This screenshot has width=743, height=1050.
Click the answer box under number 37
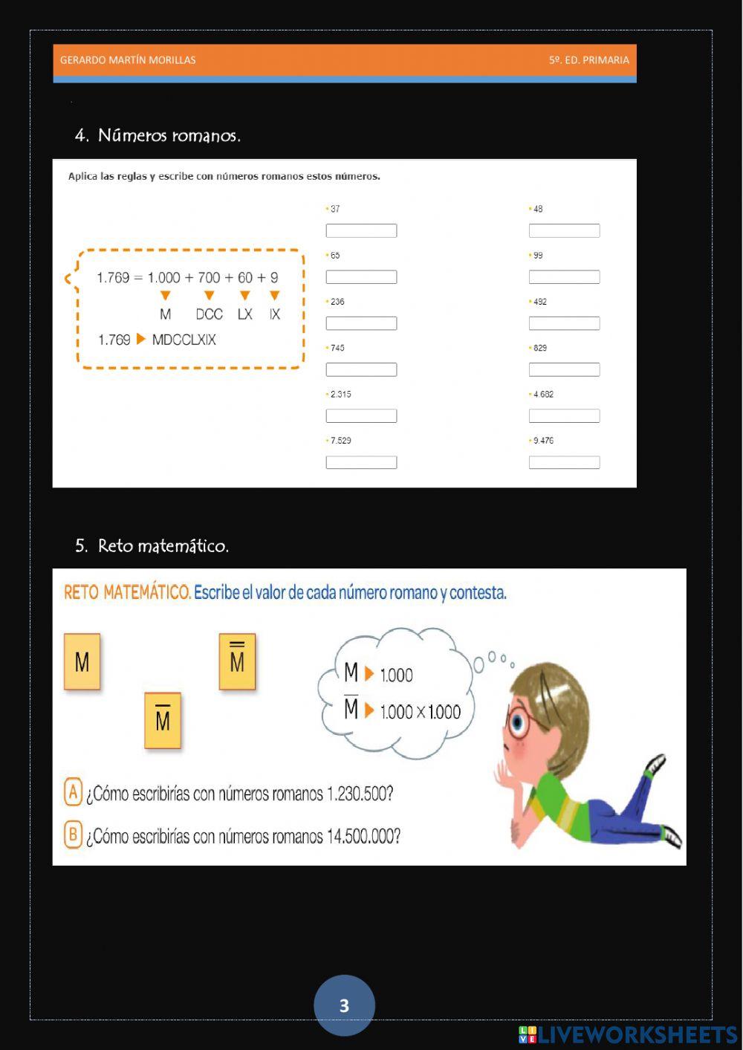click(x=361, y=231)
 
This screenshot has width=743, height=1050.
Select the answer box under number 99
click(x=564, y=277)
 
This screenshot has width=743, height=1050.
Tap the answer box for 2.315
click(x=361, y=416)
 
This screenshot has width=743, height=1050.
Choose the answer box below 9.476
click(x=564, y=462)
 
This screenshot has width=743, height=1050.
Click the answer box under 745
click(x=361, y=369)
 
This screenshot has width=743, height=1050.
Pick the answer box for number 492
click(x=564, y=323)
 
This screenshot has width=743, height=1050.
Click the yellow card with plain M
click(x=82, y=661)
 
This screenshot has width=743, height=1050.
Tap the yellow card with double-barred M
click(x=237, y=661)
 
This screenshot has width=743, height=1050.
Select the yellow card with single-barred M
click(x=163, y=720)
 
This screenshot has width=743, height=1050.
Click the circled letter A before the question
click(x=73, y=792)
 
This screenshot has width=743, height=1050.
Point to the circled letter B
click(x=73, y=835)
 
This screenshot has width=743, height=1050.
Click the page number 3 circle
click(x=344, y=1005)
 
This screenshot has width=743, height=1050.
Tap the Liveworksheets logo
click(x=628, y=1035)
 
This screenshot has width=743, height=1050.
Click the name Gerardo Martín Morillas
click(x=128, y=60)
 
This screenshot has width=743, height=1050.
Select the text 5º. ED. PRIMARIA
click(x=588, y=60)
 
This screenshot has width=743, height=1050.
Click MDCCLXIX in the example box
click(x=184, y=340)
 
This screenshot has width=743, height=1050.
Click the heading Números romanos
click(x=169, y=135)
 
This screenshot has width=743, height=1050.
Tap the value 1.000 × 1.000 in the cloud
click(x=420, y=712)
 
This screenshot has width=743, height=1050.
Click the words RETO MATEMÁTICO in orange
click(x=127, y=592)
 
